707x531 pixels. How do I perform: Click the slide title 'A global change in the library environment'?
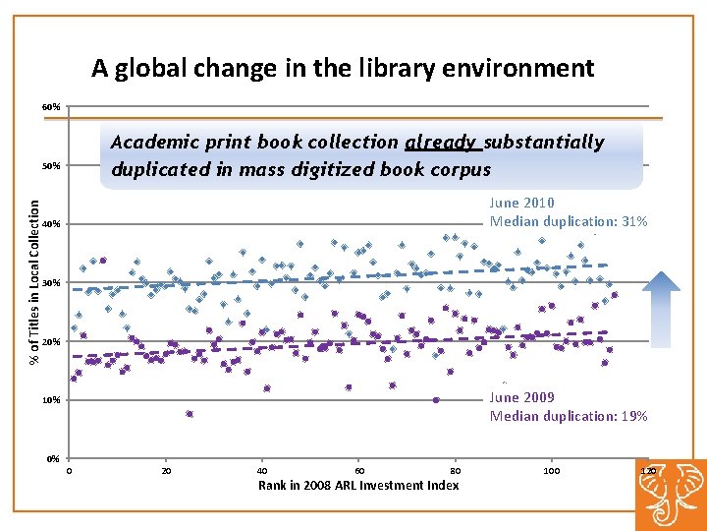coord(343,68)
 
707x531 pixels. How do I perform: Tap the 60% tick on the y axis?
coord(51,106)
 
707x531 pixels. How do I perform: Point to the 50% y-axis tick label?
coord(51,166)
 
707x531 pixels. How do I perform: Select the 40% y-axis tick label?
coord(51,225)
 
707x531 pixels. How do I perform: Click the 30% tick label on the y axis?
coord(51,283)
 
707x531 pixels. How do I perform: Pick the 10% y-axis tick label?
coord(51,401)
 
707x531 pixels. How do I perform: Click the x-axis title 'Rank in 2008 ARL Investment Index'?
coord(358,485)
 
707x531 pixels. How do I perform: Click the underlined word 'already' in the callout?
coord(443,142)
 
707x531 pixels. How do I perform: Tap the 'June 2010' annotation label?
coord(521,203)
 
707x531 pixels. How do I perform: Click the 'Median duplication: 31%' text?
coord(569,221)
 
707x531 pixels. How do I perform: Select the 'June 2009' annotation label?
coord(521,397)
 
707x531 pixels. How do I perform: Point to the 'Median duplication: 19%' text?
coord(569,416)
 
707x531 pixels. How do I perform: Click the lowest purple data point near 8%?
coord(190,414)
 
